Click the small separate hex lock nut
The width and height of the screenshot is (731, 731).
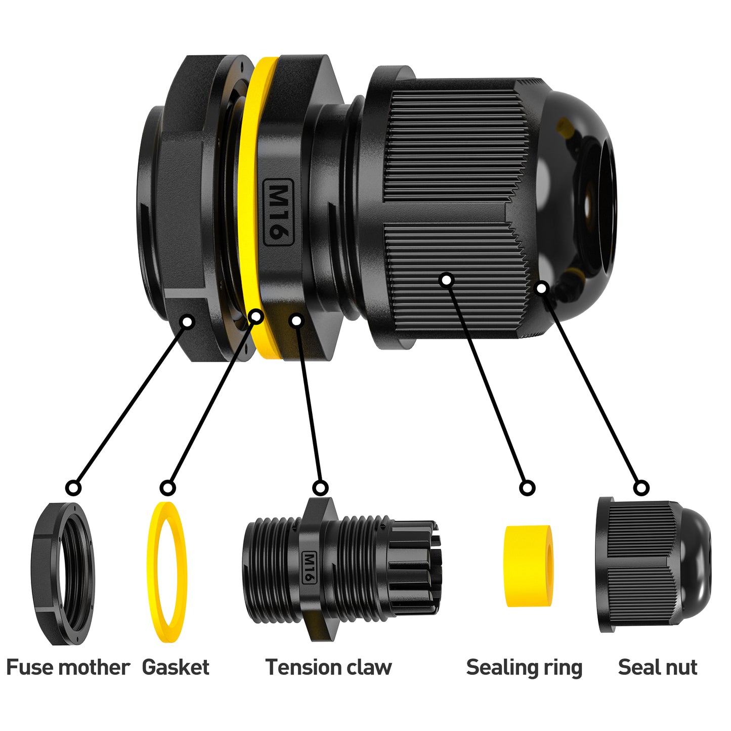tap(63, 574)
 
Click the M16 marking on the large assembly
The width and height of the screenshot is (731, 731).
tap(278, 212)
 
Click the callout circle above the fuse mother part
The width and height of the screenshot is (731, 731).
tap(73, 488)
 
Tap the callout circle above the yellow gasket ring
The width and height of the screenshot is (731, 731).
tap(167, 488)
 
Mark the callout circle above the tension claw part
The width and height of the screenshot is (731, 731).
tap(321, 488)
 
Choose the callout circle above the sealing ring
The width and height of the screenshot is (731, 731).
tap(527, 488)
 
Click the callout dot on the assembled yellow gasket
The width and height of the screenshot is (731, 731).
tap(256, 316)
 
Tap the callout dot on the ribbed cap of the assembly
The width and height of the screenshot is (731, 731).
tap(447, 280)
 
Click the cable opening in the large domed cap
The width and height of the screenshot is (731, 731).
tap(595, 208)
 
